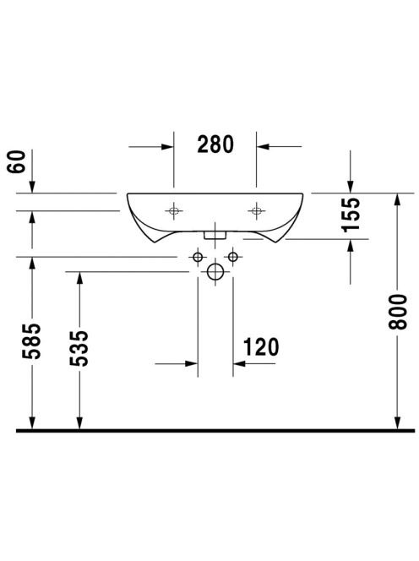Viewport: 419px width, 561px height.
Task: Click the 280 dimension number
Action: (x=215, y=144)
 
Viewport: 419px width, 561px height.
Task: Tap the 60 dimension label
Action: (x=17, y=161)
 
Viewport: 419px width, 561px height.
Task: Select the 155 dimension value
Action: (x=351, y=215)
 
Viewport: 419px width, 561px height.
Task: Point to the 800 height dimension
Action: (x=398, y=312)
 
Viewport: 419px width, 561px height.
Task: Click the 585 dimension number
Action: (x=31, y=341)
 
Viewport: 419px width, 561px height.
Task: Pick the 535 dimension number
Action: (x=79, y=348)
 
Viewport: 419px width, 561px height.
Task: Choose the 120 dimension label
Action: (x=261, y=347)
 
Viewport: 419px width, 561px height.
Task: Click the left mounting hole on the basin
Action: (x=174, y=210)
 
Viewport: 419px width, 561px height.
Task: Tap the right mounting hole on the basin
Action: (x=257, y=210)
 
